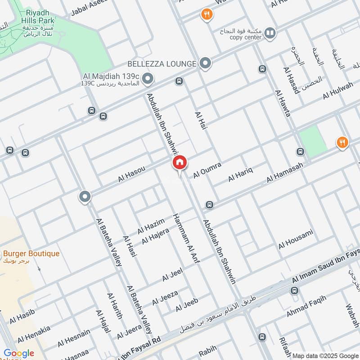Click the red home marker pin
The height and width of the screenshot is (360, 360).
(x=179, y=162)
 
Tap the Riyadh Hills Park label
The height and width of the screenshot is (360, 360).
(x=40, y=17)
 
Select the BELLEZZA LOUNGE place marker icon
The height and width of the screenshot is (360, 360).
(x=206, y=63)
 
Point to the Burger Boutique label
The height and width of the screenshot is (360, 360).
(x=31, y=254)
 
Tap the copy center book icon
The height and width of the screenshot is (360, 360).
(x=270, y=32)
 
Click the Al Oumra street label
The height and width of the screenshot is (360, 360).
(x=207, y=171)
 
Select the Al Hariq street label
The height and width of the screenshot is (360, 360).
(x=241, y=174)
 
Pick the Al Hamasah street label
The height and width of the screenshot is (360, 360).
(x=284, y=173)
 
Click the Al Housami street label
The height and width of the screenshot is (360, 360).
(x=295, y=239)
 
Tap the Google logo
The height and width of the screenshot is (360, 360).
(x=19, y=353)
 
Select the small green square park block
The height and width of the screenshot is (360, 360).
(x=313, y=141)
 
